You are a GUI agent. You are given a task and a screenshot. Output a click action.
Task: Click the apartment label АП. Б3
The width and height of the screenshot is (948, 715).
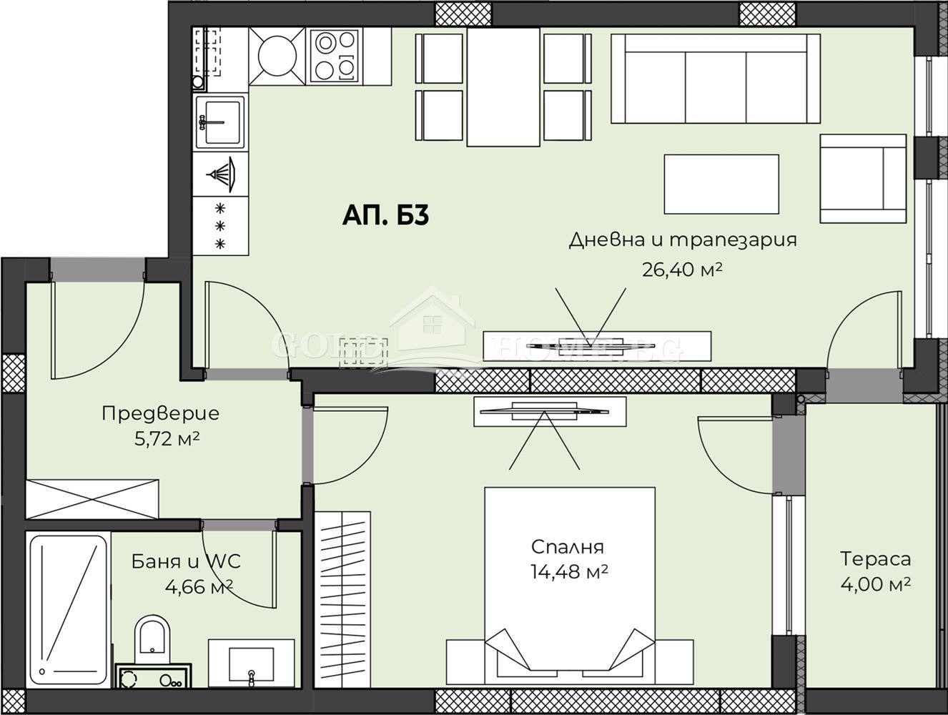(385, 215)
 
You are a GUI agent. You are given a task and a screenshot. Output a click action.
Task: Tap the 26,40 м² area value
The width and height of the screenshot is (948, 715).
(682, 269)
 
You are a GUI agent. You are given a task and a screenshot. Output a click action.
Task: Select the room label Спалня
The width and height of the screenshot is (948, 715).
(567, 547)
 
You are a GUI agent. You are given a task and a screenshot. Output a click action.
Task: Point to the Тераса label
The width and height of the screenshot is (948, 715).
(875, 558)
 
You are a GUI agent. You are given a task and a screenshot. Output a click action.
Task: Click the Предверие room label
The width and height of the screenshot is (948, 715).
(160, 413)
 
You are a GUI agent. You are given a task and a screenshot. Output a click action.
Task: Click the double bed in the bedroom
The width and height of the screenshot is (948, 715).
(569, 586)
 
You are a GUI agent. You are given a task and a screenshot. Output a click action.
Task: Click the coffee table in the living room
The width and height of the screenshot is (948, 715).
(721, 184)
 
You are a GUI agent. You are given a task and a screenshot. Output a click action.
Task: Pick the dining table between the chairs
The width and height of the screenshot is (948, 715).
(503, 87)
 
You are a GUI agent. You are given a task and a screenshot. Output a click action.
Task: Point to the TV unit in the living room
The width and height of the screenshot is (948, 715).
(596, 346)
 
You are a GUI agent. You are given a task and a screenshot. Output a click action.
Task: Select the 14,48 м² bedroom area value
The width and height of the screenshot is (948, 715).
(569, 572)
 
